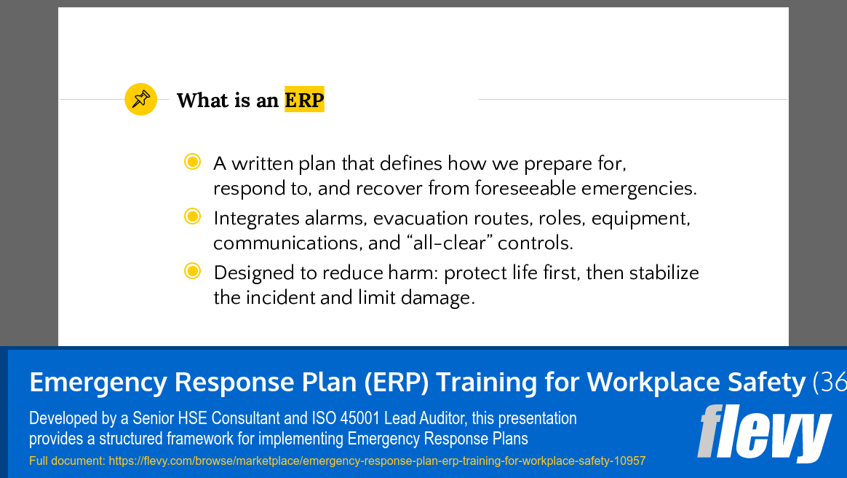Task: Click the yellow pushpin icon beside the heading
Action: (x=140, y=99)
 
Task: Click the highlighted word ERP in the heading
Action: (x=304, y=100)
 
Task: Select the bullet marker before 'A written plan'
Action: (x=192, y=162)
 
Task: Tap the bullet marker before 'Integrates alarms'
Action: (x=192, y=216)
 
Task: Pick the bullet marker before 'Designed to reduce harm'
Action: (x=192, y=272)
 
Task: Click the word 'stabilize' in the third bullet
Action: (x=664, y=273)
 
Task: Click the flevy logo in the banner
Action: (x=763, y=433)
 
